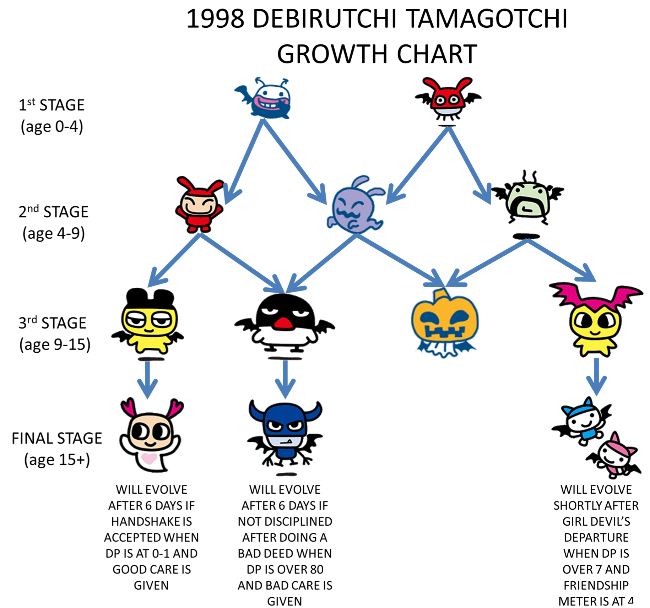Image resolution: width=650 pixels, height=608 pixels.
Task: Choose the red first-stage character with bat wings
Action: [448, 99]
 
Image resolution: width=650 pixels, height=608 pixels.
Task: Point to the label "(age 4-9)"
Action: [54, 234]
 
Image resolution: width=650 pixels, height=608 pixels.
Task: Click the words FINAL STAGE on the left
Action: [57, 438]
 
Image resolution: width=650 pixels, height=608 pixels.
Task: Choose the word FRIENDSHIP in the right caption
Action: [596, 585]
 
